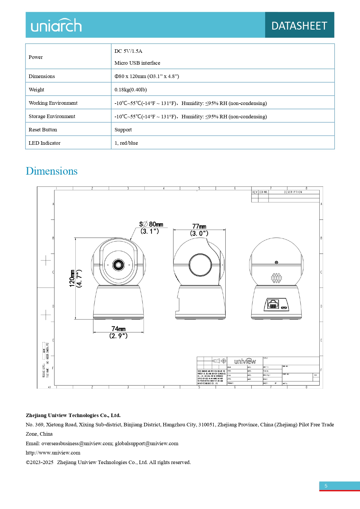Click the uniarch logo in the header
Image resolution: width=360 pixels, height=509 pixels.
(56, 26)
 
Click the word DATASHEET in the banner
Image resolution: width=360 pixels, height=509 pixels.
(299, 26)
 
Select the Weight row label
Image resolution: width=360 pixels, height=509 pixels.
(37, 90)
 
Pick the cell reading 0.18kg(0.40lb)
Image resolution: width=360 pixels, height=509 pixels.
(131, 90)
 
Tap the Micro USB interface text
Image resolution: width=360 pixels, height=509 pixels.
(137, 63)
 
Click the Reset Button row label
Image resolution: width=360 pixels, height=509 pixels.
(43, 130)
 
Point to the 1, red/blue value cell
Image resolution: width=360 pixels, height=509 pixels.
(126, 143)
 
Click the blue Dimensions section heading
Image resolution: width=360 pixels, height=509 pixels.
(52, 171)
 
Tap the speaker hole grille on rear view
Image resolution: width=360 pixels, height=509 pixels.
(276, 278)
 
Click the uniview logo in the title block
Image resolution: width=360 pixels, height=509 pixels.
(245, 361)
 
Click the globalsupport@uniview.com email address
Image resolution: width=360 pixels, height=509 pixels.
(146, 443)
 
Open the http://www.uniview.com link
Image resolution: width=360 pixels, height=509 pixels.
(53, 453)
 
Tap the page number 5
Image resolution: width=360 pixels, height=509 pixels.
(326, 486)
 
